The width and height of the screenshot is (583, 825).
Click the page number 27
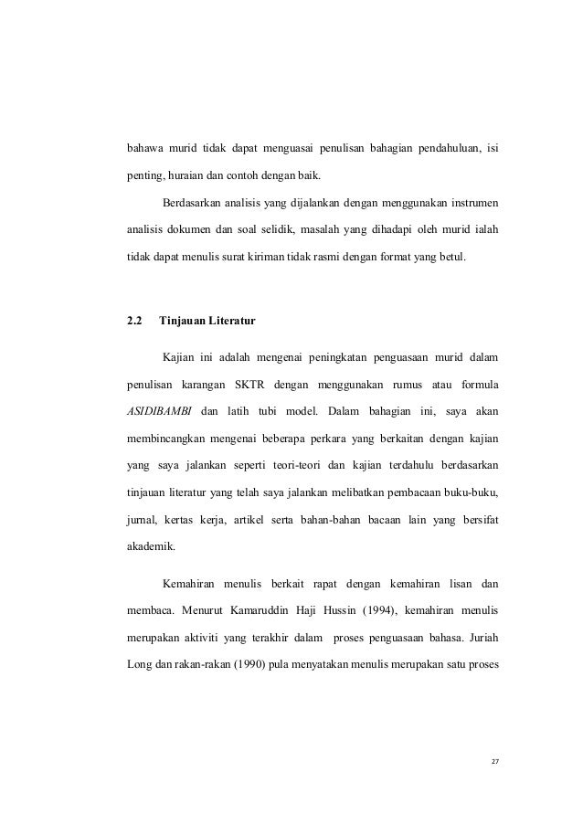(496, 761)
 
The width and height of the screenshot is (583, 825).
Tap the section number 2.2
(134, 321)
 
